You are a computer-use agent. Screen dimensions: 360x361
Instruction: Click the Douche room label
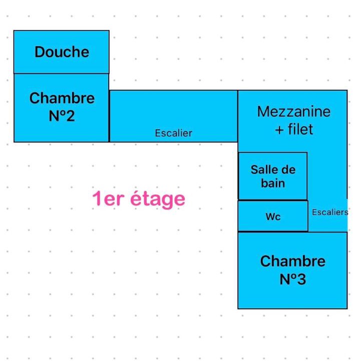62,52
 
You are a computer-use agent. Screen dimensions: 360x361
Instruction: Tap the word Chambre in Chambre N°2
62,98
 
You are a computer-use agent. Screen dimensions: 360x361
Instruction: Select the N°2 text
62,116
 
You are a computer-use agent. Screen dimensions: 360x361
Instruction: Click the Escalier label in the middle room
174,133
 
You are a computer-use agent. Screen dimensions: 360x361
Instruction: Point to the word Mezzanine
294,112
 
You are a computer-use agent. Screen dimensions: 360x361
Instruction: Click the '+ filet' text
294,129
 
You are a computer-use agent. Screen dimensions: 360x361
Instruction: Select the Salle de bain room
273,176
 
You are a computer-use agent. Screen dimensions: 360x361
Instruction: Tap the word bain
273,184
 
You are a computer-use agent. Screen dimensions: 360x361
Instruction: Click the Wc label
273,217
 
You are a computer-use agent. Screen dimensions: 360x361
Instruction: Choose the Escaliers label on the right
330,212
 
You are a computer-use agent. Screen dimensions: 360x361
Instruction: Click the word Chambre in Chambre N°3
292,261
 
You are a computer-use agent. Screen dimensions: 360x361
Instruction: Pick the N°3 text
292,279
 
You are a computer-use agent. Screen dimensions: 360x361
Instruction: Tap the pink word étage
158,199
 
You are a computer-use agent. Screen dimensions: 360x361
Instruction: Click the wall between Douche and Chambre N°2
62,74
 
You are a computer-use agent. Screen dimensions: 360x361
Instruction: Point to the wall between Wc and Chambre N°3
273,231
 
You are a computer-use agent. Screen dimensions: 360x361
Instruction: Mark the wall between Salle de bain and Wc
273,200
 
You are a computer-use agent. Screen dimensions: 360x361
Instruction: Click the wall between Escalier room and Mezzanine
238,116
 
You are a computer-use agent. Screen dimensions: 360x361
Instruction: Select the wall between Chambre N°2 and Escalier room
109,116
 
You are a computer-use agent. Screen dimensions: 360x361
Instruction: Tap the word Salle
260,169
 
